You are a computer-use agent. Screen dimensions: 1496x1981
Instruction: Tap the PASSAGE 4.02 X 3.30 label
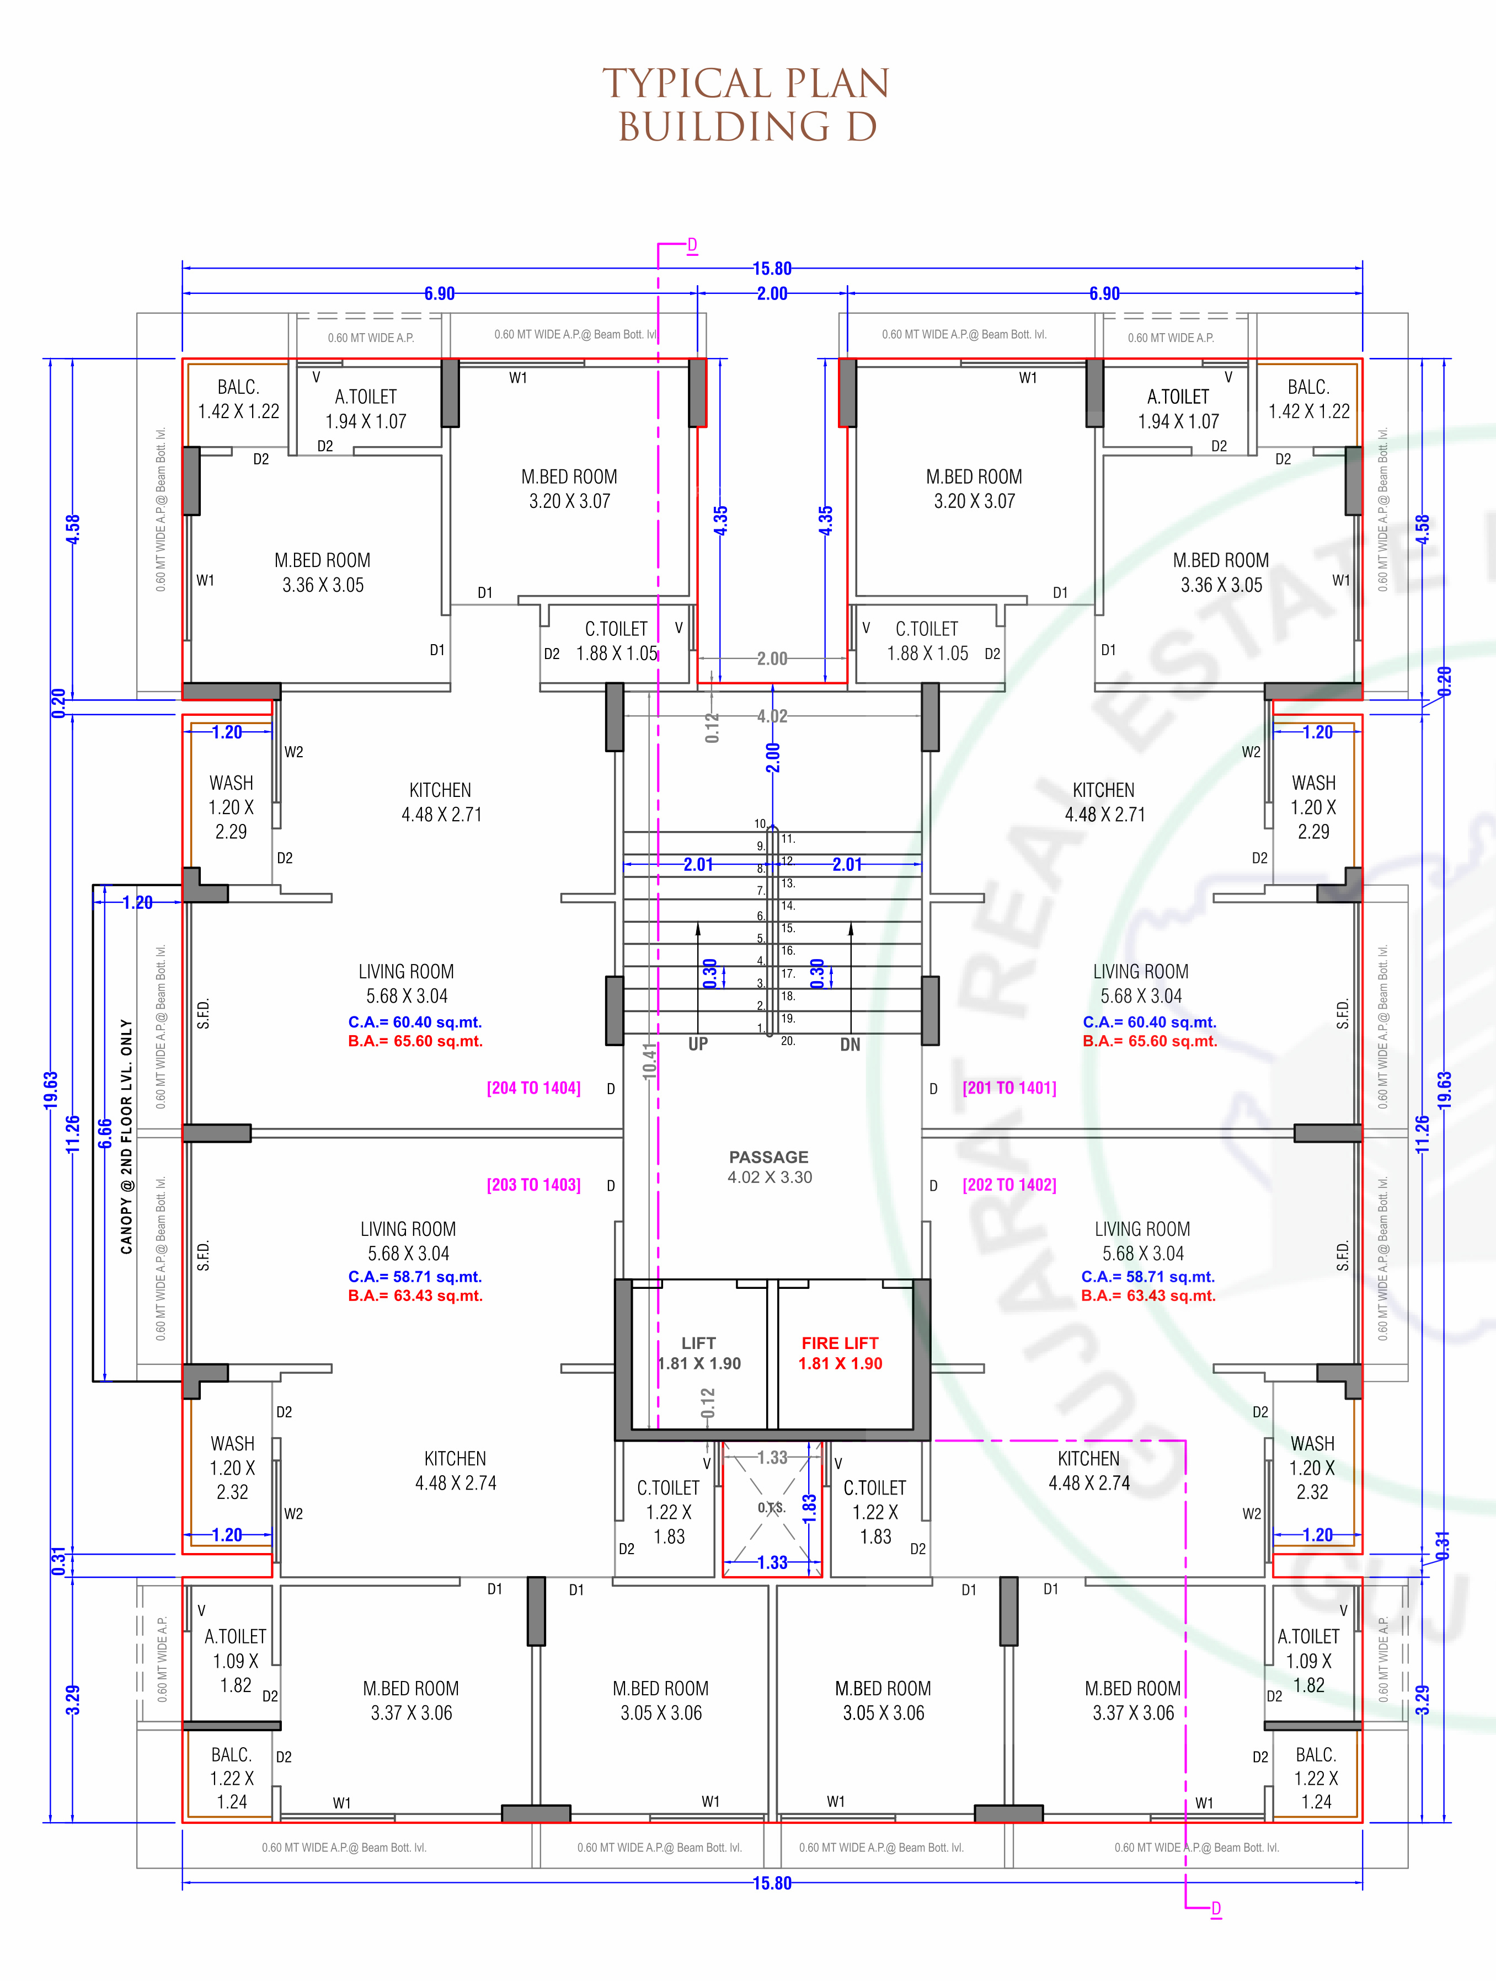tap(770, 1167)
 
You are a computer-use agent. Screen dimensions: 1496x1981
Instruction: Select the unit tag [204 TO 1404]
tap(534, 1088)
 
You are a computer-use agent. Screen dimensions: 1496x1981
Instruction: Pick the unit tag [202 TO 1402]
tap(1009, 1185)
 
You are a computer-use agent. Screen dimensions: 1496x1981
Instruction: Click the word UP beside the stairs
tap(698, 1043)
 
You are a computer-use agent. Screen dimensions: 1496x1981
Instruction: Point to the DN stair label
tap(850, 1044)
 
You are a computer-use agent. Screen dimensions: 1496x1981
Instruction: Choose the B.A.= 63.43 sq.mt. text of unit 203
tap(415, 1296)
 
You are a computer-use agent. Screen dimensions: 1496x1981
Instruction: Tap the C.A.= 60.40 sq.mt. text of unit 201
tap(1150, 1022)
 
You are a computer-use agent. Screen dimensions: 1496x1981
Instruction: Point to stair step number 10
tap(760, 824)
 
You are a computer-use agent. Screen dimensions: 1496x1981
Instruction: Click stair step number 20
tap(787, 1041)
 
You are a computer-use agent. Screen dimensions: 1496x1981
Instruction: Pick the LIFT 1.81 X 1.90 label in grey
tap(699, 1353)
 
